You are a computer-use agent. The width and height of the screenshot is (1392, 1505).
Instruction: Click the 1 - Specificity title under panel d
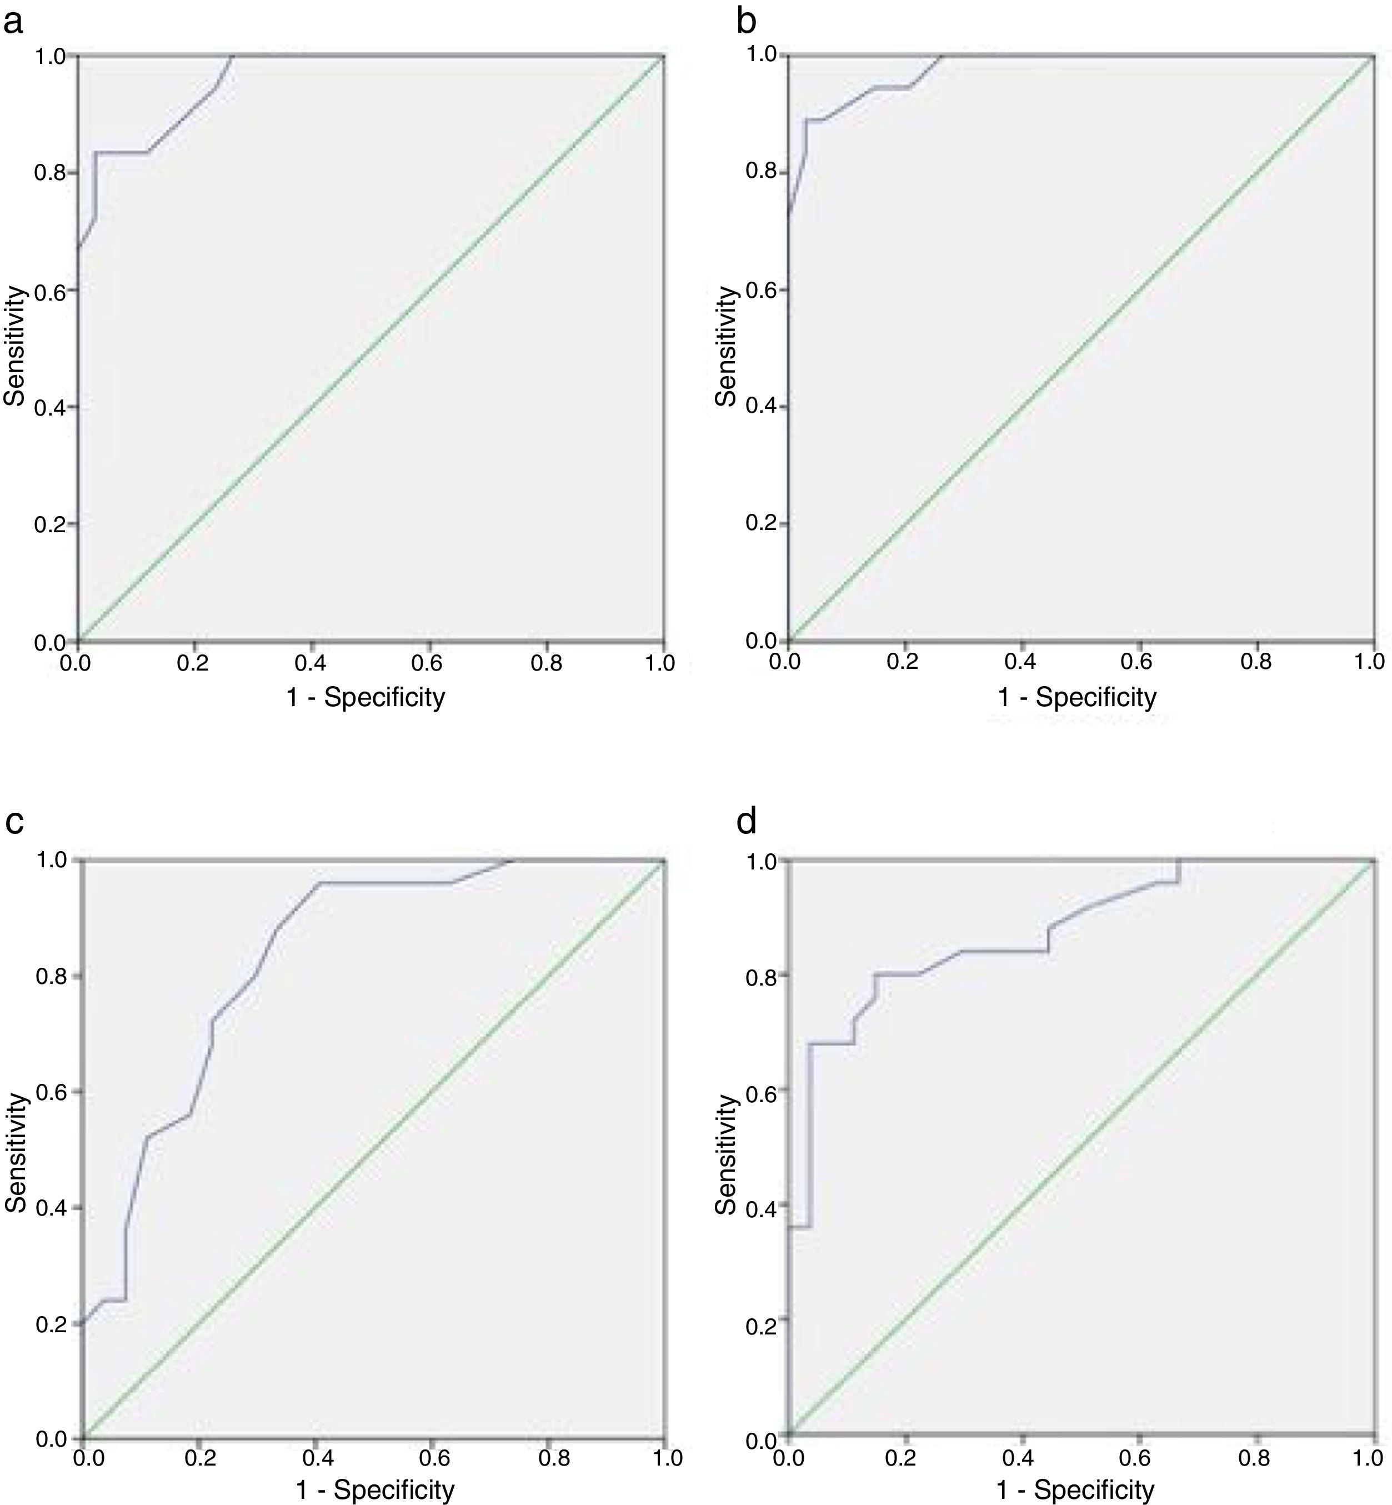pyautogui.click(x=1075, y=1489)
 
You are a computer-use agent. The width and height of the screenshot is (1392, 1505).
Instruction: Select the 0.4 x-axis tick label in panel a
pyautogui.click(x=311, y=662)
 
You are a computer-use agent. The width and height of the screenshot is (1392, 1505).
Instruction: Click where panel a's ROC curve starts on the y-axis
pyautogui.click(x=78, y=246)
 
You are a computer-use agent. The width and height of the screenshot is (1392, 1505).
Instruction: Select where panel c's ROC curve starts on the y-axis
pyautogui.click(x=81, y=1323)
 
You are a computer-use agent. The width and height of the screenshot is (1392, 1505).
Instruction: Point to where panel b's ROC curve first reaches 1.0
pyautogui.click(x=941, y=56)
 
